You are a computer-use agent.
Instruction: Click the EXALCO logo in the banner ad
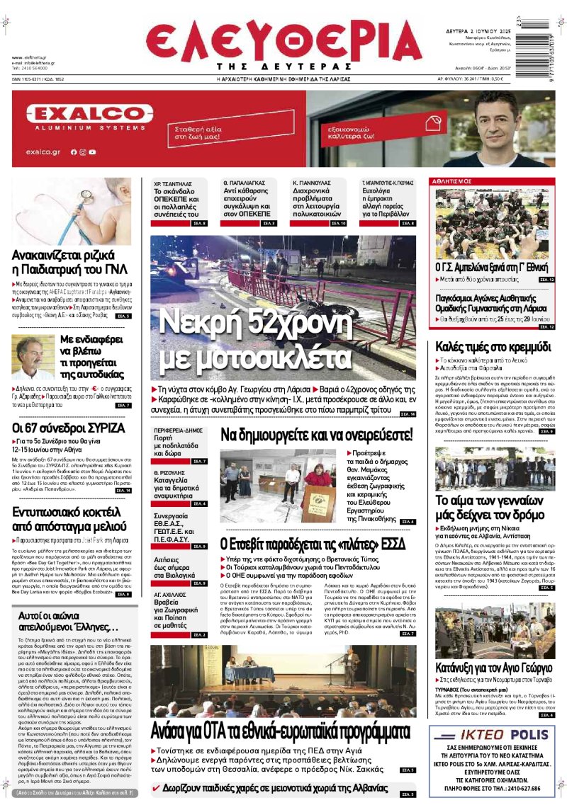pos(89,114)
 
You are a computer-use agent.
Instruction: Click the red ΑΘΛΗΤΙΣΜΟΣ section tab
pos(454,182)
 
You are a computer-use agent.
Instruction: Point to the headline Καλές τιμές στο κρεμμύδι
pos(493,348)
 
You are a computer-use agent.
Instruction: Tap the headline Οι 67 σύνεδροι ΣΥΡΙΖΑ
pos(69,428)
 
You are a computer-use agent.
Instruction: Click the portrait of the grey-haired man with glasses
pos(30,358)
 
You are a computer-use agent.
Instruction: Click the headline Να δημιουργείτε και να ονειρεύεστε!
pos(316,434)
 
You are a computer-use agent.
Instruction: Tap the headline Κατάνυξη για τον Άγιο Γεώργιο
pos(494,666)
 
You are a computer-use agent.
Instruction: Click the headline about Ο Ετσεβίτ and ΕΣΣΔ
pos(312,544)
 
